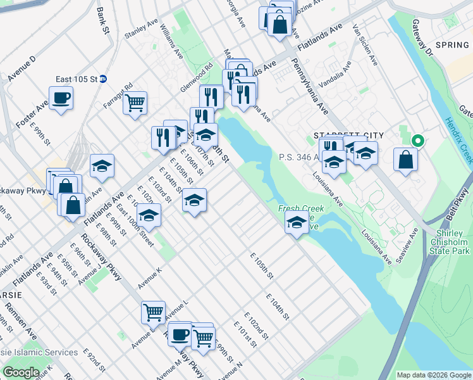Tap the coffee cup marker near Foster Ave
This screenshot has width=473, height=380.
pos(61,98)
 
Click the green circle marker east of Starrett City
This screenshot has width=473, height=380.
pos(417,141)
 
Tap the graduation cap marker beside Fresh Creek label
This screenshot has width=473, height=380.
pos(296,222)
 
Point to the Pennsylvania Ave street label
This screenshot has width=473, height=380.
pos(309,85)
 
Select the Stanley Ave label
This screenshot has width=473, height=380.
pos(141,29)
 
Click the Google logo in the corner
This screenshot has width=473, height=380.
pos(21,372)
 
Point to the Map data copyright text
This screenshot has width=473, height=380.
pos(433,375)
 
